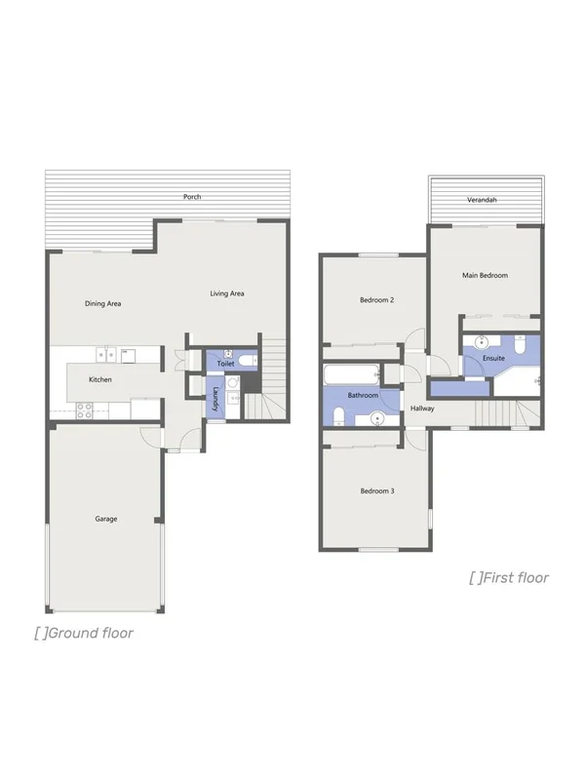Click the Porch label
point(192,197)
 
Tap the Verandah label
point(482,199)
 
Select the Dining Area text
point(102,304)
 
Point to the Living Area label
point(227,293)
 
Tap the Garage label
point(105,519)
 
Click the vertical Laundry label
point(215,400)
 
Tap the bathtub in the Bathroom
point(350,375)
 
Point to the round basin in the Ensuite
point(480,342)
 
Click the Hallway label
point(422,409)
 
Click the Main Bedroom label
point(485,276)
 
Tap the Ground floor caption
point(84,633)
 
